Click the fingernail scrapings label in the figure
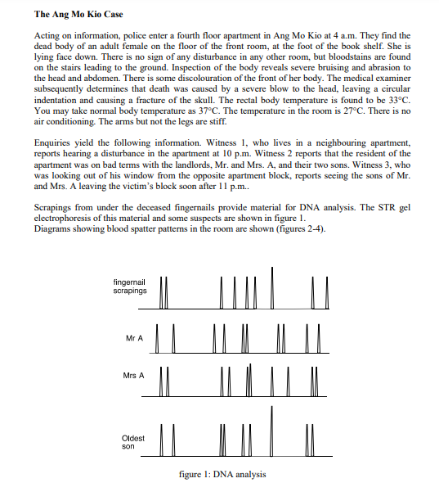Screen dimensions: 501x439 point(130,286)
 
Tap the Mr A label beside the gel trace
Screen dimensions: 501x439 point(135,338)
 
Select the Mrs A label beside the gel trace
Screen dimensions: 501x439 point(133,375)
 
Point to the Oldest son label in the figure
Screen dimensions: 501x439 point(132,442)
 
